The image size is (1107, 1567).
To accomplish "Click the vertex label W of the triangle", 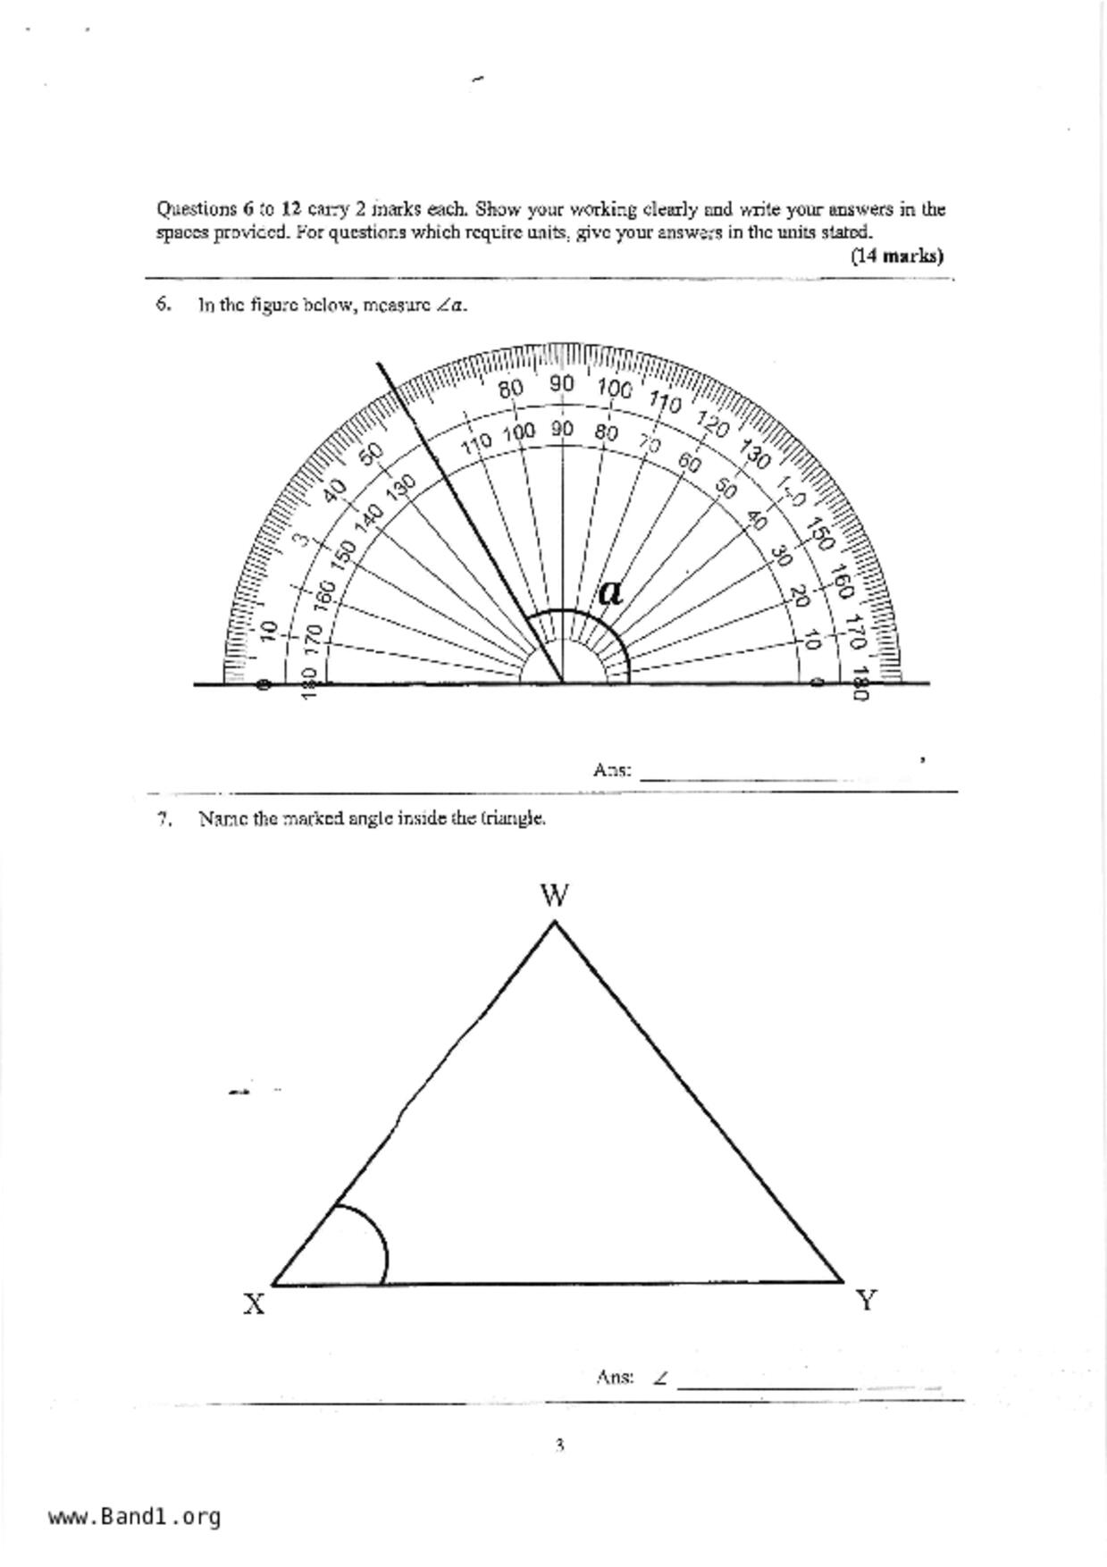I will [x=555, y=895].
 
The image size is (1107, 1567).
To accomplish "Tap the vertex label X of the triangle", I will [x=254, y=1304].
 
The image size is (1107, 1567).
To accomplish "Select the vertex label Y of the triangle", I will [x=865, y=1300].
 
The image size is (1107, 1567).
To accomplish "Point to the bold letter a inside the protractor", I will [x=610, y=591].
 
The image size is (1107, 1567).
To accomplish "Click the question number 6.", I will [x=163, y=304].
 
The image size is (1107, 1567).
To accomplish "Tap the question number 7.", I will [x=164, y=818].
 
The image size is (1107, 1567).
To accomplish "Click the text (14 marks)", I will [x=896, y=256].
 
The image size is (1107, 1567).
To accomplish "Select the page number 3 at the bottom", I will [x=559, y=1445].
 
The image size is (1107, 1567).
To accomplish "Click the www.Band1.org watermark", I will [x=134, y=1517].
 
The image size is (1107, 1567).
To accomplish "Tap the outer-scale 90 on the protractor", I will [x=561, y=383].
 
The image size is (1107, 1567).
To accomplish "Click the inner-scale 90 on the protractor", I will [x=561, y=429].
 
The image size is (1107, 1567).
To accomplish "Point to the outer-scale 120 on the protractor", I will [x=712, y=423].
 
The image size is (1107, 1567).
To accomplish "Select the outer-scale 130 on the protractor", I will [x=755, y=457].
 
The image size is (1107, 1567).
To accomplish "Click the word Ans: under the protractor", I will [x=612, y=769].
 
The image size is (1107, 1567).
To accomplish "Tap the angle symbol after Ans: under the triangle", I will [x=660, y=1378].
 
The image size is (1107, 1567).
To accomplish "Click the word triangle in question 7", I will [x=513, y=818].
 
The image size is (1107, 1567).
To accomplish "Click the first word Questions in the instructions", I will [x=196, y=209].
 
